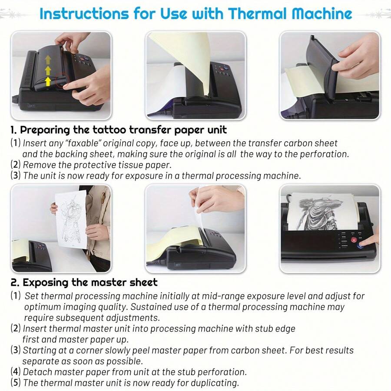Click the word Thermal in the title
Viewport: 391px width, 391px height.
(256, 14)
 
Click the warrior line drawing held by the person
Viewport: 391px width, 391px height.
(71, 219)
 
